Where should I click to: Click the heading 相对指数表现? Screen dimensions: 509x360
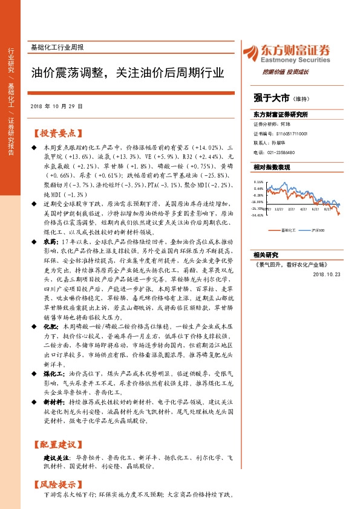(x=272, y=167)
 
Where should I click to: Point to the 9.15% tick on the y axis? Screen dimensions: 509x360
(x=258, y=181)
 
